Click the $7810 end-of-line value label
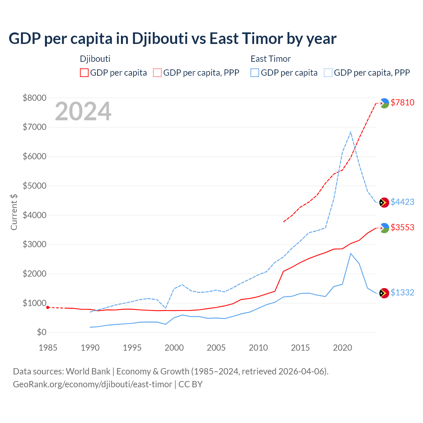[x=402, y=102]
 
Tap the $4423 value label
[x=402, y=202]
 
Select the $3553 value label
[x=402, y=227]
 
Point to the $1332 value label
[x=402, y=292]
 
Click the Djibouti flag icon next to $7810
[x=384, y=103]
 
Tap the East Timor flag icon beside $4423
[x=384, y=203]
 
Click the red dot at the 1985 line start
[x=48, y=307]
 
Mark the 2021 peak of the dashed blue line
[x=351, y=132]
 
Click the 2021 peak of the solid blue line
[x=351, y=253]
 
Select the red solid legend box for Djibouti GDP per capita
[x=84, y=73]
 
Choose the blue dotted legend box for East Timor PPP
[x=328, y=73]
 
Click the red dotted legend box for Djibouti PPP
[x=157, y=73]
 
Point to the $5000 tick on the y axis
[x=34, y=186]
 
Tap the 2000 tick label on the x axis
[x=174, y=348]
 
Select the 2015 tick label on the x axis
[x=300, y=348]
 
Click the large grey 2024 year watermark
[x=83, y=112]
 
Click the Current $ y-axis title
[x=14, y=212]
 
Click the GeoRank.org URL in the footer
[x=93, y=384]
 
